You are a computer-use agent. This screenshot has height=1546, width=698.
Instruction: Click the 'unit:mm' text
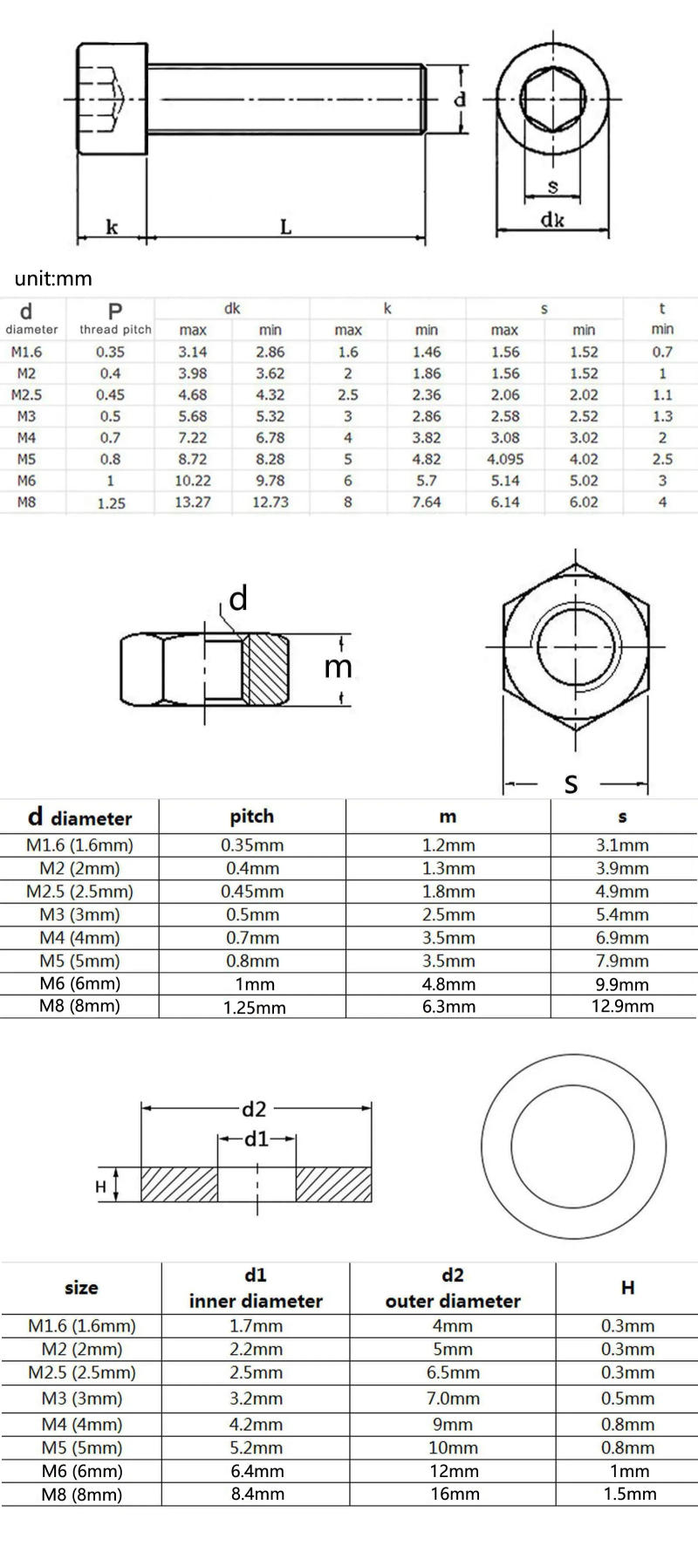pyautogui.click(x=52, y=279)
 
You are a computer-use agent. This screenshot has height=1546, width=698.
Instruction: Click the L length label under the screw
pyautogui.click(x=285, y=228)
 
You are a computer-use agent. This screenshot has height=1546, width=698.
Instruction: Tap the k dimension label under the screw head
pyautogui.click(x=112, y=228)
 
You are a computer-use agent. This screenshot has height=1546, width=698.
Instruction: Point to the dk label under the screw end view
pyautogui.click(x=552, y=220)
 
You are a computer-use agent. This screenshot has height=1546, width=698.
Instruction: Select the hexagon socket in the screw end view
pyautogui.click(x=553, y=98)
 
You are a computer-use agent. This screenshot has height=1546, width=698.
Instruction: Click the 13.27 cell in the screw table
pyautogui.click(x=193, y=502)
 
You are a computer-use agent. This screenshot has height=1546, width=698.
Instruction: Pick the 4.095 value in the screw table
pyautogui.click(x=505, y=459)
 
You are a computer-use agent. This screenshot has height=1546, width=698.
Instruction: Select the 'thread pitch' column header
pyautogui.click(x=115, y=330)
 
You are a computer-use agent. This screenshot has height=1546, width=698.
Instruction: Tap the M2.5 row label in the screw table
pyautogui.click(x=26, y=394)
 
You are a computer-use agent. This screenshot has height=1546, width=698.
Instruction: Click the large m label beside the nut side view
pyautogui.click(x=338, y=667)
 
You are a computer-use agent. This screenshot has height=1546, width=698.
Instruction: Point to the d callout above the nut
pyautogui.click(x=237, y=599)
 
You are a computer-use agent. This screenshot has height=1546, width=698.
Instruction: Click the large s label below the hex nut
pyautogui.click(x=571, y=783)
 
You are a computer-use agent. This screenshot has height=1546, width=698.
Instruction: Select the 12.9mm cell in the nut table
pyautogui.click(x=622, y=1006)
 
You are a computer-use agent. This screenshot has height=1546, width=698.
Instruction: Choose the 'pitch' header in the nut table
pyautogui.click(x=252, y=817)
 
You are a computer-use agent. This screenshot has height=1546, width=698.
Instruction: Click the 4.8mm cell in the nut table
pyautogui.click(x=448, y=984)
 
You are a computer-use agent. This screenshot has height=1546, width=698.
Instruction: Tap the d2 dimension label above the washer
pyautogui.click(x=254, y=1109)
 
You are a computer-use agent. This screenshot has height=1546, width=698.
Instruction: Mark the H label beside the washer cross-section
pyautogui.click(x=100, y=1187)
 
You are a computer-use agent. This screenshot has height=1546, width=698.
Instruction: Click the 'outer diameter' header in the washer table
pyautogui.click(x=452, y=1301)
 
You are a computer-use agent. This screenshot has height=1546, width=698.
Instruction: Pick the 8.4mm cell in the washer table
pyautogui.click(x=257, y=1494)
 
